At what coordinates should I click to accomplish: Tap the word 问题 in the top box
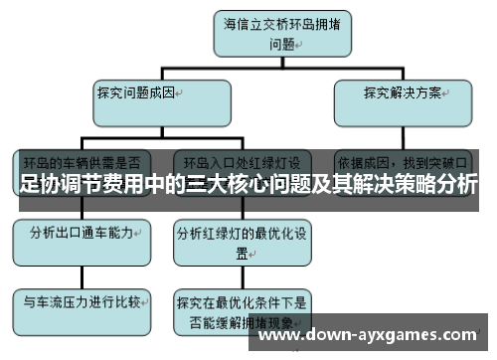(281, 44)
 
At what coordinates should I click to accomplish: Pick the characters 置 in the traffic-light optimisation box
(238, 254)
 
